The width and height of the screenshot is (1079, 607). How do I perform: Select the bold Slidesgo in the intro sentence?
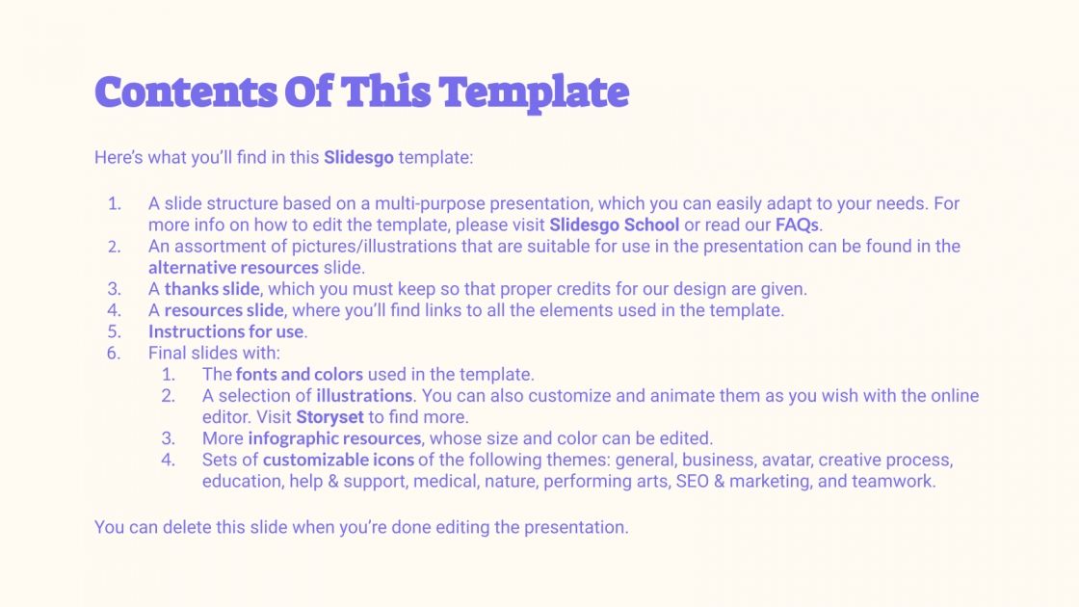tap(358, 157)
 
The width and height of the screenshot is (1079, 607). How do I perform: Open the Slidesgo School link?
tap(614, 224)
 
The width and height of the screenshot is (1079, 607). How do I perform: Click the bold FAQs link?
tap(797, 224)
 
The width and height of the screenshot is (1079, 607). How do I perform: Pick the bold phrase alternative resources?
tap(233, 267)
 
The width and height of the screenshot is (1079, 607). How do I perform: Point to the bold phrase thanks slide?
tap(211, 288)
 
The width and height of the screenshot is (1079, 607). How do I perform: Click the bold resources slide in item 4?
tap(224, 309)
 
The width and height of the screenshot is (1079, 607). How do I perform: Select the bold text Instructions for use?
tap(226, 331)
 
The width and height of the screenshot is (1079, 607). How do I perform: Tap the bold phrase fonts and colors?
tap(299, 374)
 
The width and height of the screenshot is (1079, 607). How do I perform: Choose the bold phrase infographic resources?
tap(334, 438)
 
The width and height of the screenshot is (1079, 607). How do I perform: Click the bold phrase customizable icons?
tap(338, 460)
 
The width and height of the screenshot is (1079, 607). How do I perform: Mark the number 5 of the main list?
tap(114, 331)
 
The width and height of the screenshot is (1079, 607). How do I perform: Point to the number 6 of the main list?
tap(114, 353)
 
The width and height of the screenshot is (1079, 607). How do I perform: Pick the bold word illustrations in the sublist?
tap(364, 395)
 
